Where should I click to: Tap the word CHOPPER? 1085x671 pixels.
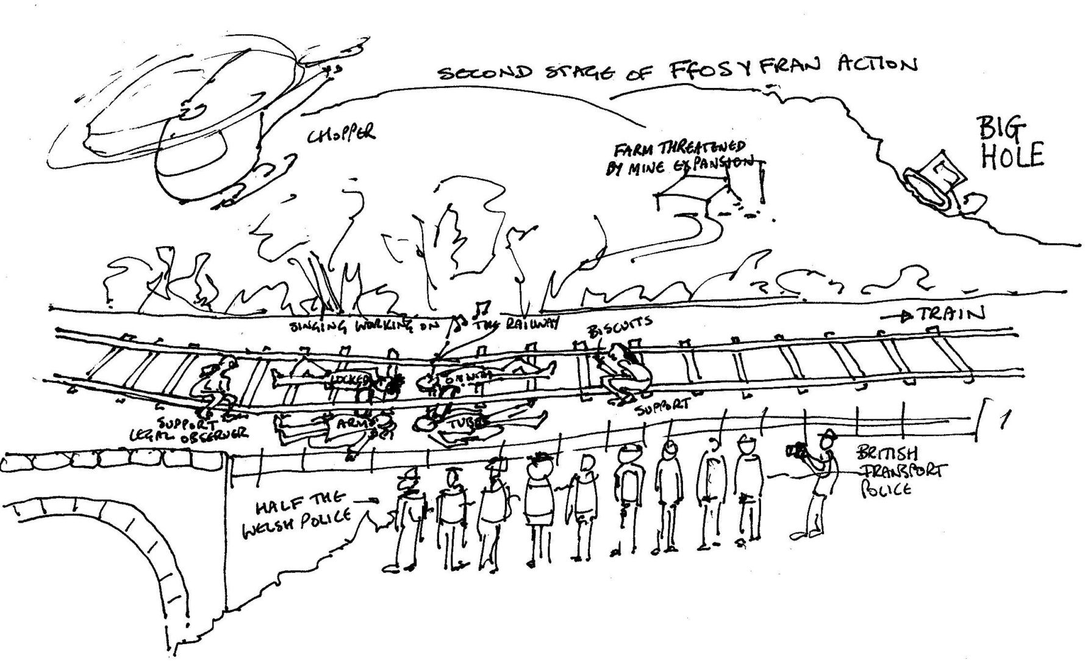point(341,134)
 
